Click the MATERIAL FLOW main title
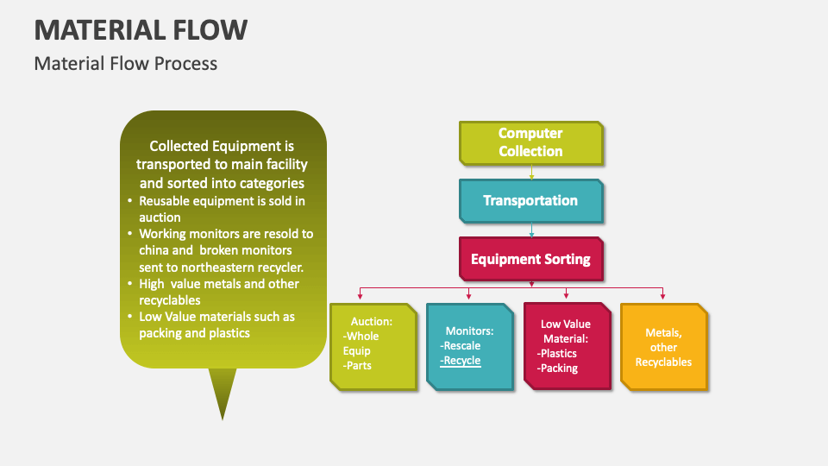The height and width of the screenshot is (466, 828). click(x=141, y=29)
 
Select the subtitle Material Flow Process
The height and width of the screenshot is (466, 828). click(x=126, y=64)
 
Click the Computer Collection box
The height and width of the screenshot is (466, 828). click(x=530, y=142)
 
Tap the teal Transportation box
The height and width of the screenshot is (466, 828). click(x=530, y=200)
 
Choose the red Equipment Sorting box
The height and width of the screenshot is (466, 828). click(x=530, y=259)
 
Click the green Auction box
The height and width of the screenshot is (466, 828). click(x=373, y=344)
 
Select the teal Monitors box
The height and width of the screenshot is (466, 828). click(x=469, y=345)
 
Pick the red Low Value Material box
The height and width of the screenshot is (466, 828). click(x=565, y=345)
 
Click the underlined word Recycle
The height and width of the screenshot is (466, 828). click(x=461, y=361)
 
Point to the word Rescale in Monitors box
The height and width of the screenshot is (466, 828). click(x=461, y=346)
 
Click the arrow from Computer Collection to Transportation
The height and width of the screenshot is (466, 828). click(x=531, y=173)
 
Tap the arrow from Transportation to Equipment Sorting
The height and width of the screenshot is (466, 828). click(x=531, y=230)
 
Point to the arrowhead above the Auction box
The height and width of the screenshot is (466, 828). click(x=361, y=296)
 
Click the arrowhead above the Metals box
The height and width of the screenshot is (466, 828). click(x=663, y=296)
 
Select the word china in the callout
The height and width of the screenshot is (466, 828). click(x=154, y=250)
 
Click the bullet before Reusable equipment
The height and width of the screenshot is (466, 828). click(x=129, y=201)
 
